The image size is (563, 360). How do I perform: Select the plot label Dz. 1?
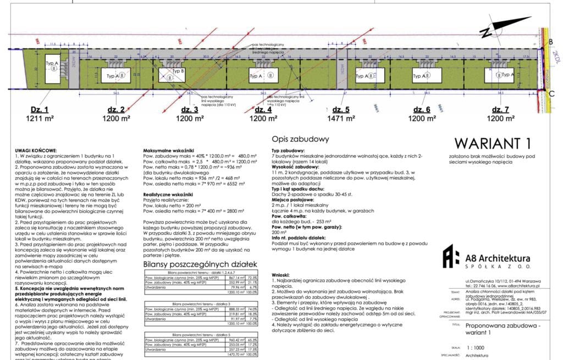coord(40,109)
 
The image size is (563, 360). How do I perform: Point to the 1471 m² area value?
coord(339,118)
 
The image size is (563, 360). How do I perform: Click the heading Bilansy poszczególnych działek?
coord(200,264)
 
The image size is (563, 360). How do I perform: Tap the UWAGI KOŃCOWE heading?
coord(36,150)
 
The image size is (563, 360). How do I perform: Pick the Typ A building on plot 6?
coord(421,76)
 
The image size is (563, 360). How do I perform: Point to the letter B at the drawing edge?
coord(551,42)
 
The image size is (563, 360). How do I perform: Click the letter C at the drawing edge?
coord(551,93)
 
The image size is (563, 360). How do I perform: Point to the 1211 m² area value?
coord(40,118)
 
